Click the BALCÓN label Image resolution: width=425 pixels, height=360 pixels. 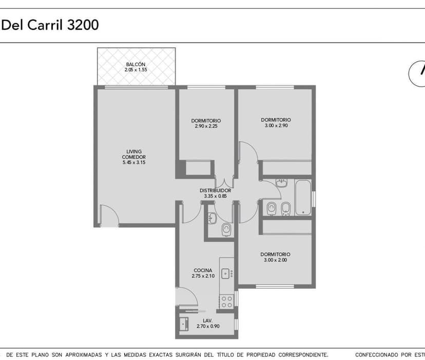[136, 65]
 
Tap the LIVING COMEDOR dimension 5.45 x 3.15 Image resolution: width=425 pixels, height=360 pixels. [134, 163]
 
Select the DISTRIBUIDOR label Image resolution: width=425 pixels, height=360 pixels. [215, 190]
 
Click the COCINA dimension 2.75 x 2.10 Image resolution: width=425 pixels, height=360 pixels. [203, 276]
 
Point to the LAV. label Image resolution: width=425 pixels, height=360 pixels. [207, 321]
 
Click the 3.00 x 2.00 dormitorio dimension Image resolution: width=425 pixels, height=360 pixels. [276, 260]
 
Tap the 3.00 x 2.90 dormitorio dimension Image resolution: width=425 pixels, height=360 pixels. [276, 126]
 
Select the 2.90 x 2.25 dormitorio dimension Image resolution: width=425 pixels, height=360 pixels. [206, 126]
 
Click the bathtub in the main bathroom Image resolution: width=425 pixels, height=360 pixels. [303, 197]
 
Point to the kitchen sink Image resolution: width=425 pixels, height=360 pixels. [225, 273]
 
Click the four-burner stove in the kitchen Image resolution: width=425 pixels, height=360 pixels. [227, 302]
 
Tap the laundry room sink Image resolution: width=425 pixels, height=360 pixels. [184, 324]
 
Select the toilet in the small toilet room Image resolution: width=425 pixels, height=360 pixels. [226, 229]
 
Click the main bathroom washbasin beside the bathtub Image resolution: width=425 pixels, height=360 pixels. [281, 183]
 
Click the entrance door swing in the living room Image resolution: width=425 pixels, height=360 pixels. [109, 215]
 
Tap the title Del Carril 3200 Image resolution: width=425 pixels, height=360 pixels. [50, 25]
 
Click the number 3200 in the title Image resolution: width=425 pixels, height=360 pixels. [83, 25]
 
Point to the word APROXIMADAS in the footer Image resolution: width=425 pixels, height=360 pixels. [84, 354]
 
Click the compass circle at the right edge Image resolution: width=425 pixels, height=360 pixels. [410, 74]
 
